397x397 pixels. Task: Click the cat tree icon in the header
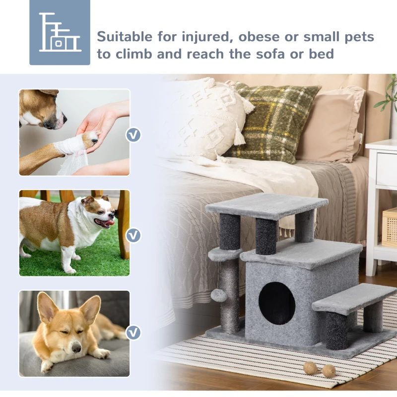[x=60, y=32]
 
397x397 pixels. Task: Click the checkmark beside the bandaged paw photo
[x=133, y=134]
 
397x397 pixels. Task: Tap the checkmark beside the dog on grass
[x=133, y=235]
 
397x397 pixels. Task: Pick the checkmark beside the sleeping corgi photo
[x=133, y=332]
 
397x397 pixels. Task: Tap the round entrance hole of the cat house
[x=277, y=303]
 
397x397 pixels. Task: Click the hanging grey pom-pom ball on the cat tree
[x=218, y=295]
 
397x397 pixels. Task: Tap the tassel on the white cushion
[x=240, y=135]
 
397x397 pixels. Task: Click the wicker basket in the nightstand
[x=390, y=226]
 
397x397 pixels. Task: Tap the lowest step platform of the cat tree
[x=354, y=298]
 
